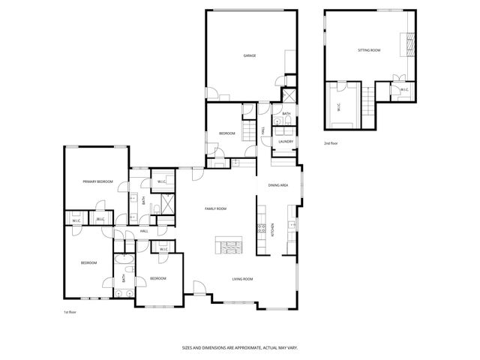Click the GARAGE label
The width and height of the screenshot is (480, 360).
[250, 56]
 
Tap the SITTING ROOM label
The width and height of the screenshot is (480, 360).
[369, 50]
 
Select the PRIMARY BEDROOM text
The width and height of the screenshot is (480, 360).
[97, 181]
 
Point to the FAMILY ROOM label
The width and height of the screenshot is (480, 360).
[216, 208]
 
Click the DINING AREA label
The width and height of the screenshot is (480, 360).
[279, 185]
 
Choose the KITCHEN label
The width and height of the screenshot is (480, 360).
[272, 230]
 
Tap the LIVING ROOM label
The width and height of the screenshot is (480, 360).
[242, 279]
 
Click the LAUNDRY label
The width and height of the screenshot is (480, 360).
[285, 141]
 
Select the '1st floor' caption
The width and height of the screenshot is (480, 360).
[70, 311]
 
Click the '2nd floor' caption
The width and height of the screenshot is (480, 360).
[331, 142]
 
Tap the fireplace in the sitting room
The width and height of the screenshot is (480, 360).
[409, 44]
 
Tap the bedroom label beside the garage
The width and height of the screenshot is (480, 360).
[227, 133]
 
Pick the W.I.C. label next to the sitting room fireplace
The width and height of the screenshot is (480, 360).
[403, 90]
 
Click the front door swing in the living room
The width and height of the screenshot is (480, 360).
[198, 288]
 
